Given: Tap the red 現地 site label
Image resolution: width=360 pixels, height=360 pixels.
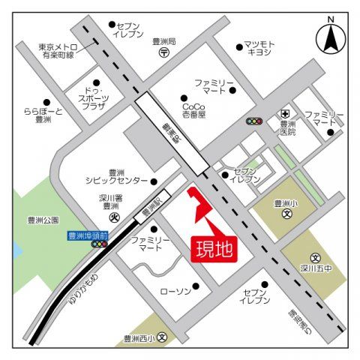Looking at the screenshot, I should click(x=216, y=247).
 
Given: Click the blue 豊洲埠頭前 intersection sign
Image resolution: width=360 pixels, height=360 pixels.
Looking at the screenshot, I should click(x=88, y=235).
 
